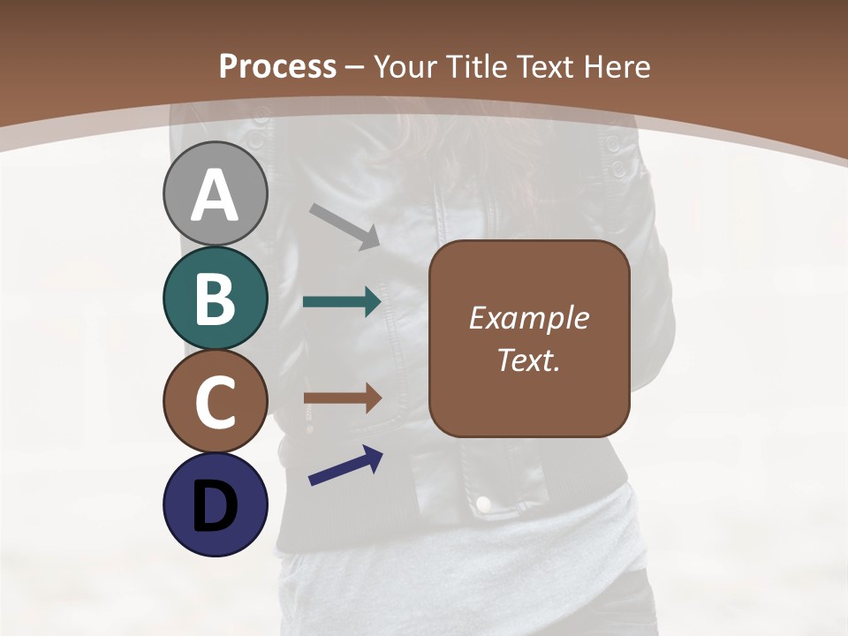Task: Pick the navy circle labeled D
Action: (x=215, y=504)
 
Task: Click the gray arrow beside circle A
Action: (x=345, y=226)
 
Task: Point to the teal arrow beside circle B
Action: (x=342, y=302)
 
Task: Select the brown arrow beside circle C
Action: (x=343, y=398)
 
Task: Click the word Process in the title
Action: (x=277, y=66)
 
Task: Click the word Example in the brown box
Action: (x=528, y=318)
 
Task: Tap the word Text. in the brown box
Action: (x=528, y=360)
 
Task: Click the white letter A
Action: (x=215, y=196)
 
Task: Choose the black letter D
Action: (x=215, y=508)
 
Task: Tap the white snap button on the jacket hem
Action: (x=483, y=503)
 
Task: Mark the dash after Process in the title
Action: (x=355, y=67)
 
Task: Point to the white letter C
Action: (x=215, y=402)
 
